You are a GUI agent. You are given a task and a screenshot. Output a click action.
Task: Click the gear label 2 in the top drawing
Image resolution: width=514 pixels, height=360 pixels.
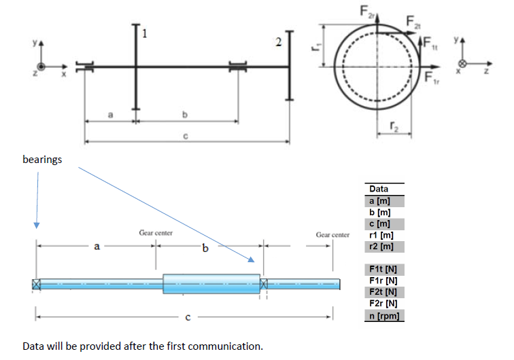277,43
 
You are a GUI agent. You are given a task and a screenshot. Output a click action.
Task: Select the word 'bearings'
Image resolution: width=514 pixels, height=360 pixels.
42,160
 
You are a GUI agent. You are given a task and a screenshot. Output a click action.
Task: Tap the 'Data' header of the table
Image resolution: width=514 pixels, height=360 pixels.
379,189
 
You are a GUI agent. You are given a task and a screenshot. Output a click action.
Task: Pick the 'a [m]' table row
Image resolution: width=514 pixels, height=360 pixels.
379,202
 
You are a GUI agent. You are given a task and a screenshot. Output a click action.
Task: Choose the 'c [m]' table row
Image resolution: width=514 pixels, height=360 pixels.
379,224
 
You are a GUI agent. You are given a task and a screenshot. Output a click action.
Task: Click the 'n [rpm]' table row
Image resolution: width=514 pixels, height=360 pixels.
383,315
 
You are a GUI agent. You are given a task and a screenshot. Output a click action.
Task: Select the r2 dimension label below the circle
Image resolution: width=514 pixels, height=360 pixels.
394,125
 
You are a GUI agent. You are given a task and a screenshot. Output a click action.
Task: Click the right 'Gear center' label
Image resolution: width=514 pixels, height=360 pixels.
332,234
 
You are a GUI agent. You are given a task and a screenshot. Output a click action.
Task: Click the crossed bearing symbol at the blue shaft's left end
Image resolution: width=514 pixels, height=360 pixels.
36,284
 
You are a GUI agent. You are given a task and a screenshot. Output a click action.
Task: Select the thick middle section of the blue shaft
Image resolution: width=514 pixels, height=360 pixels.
211,284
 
